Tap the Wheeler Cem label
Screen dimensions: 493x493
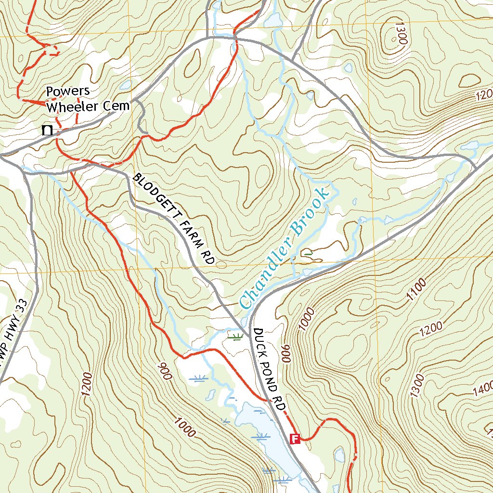coord(88,105)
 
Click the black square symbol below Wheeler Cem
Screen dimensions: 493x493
coord(47,130)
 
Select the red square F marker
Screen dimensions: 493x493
coord(295,438)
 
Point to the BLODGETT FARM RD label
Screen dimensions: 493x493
coord(173,219)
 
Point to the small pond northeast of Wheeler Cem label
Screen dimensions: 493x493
coord(126,85)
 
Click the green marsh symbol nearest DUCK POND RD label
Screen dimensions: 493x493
coord(235,337)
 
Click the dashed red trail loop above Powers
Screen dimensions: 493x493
coord(51,50)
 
